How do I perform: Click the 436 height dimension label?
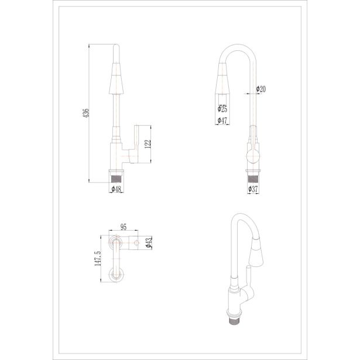[86, 113]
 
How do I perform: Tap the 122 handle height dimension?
[148, 144]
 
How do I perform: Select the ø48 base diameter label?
[116, 189]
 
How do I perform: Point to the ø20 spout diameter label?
[261, 89]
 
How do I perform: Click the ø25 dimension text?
[222, 109]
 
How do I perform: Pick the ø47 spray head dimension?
[222, 121]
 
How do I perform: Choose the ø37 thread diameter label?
[253, 189]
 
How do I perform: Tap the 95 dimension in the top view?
[124, 227]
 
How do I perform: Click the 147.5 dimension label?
[98, 258]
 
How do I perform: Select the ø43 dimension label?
[149, 243]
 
